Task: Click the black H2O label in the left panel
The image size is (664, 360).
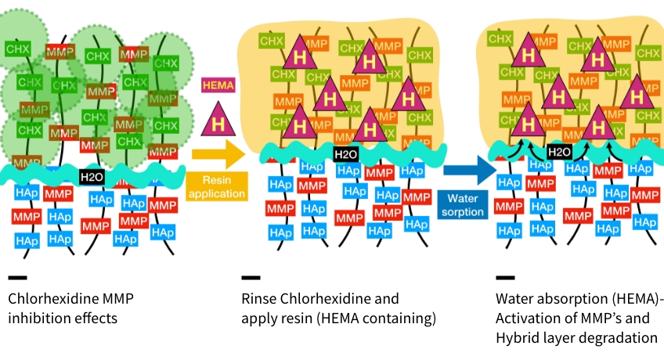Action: (91, 178)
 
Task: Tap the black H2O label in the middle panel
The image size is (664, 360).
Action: (345, 154)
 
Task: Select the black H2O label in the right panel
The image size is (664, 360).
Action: (558, 152)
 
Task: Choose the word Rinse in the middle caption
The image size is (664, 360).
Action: (258, 298)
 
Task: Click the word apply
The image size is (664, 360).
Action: (258, 319)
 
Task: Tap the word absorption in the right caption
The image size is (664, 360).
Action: (570, 298)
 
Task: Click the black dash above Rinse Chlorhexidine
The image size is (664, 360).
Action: (251, 277)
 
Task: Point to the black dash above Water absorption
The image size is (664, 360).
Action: (505, 277)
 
